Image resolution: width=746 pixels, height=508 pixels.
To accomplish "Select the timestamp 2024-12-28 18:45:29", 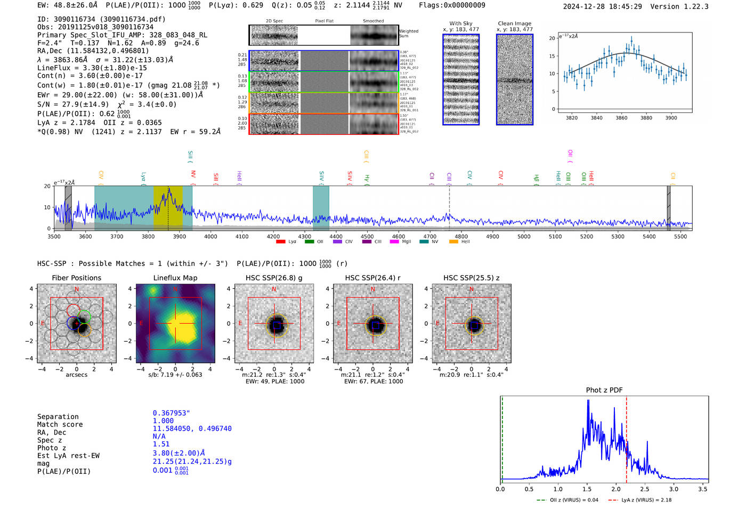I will tap(602, 6).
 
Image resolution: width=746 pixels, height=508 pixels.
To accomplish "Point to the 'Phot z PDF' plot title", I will tap(604, 390).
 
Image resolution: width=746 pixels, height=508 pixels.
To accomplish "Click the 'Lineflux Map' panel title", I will tap(175, 278).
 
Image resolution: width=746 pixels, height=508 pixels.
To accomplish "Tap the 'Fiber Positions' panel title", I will tap(76, 278).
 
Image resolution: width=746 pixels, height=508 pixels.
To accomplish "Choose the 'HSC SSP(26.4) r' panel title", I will tap(372, 278).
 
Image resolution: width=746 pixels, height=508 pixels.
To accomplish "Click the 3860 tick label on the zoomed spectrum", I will tap(621, 118).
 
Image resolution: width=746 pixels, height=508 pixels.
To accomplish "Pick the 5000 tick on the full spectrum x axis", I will tap(524, 237).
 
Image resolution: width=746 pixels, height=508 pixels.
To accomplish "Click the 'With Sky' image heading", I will tap(461, 23).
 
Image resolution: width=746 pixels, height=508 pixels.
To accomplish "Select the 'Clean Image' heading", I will tap(514, 23).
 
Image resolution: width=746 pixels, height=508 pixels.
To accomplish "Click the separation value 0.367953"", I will tap(171, 413).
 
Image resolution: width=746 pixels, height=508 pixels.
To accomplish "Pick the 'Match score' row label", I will tap(60, 425).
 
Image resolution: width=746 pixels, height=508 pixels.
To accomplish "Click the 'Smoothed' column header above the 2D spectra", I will tap(373, 21).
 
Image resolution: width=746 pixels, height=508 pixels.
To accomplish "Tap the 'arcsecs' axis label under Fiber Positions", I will tap(76, 375).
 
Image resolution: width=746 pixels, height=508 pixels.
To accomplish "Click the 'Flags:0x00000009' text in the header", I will tap(452, 5).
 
